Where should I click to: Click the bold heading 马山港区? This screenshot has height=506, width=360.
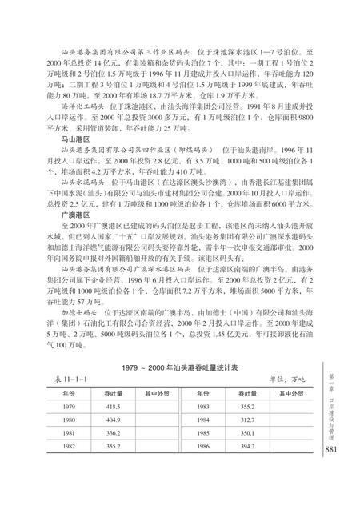coord(66,139)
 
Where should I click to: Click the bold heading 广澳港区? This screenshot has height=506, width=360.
coord(66,215)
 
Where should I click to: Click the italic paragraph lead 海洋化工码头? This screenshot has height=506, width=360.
coord(78,105)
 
